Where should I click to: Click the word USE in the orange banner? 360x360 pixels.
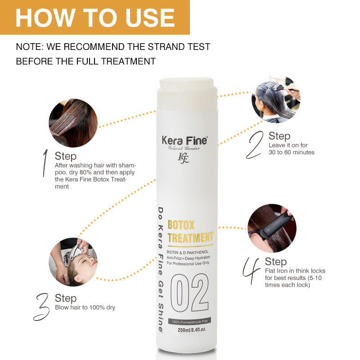click(150, 18)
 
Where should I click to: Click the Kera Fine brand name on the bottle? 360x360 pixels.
click(184, 140)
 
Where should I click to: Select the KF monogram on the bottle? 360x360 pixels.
click(184, 158)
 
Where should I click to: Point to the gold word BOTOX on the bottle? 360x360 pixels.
click(181, 225)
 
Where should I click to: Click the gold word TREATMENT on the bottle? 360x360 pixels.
click(190, 238)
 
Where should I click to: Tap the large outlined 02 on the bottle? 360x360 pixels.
click(189, 293)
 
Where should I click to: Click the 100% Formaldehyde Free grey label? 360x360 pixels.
click(189, 321)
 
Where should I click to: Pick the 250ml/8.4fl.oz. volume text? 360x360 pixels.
click(192, 330)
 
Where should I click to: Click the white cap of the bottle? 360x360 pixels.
click(187, 94)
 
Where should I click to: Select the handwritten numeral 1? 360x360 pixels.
click(45, 163)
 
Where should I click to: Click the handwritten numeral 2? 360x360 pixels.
click(255, 145)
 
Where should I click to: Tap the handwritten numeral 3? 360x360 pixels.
click(41, 307)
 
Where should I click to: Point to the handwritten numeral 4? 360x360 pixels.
click(251, 271)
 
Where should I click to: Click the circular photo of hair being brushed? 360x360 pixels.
click(73, 123)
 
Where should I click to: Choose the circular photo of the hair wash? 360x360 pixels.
click(73, 262)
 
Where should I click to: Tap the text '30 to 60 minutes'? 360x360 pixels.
click(292, 152)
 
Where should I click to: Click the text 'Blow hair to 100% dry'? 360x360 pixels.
click(85, 307)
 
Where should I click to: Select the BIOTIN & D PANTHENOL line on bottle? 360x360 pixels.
click(188, 252)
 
